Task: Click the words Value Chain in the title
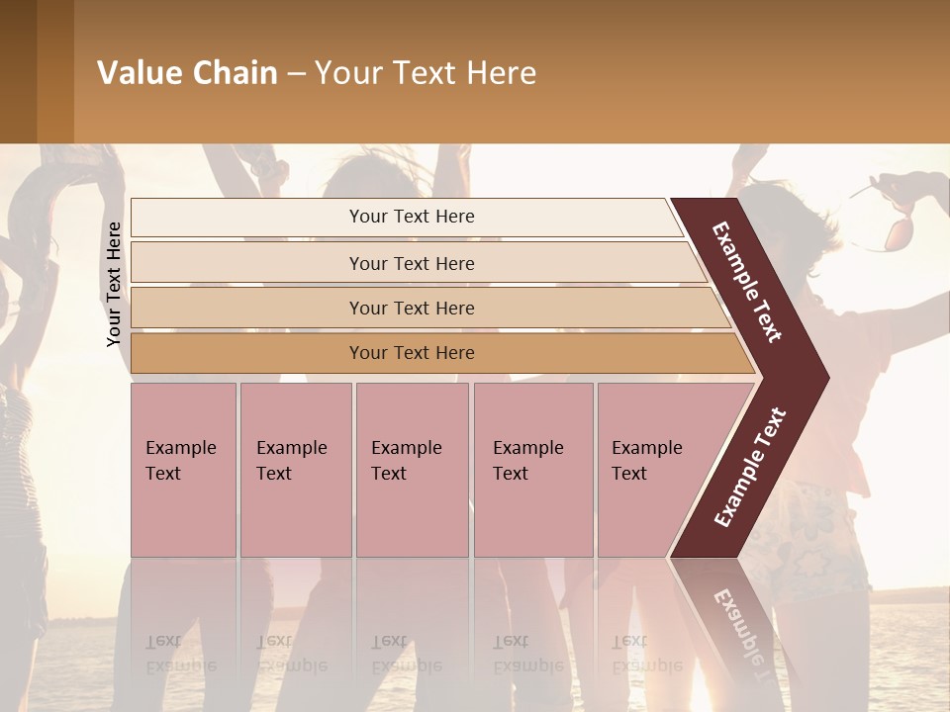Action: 187,73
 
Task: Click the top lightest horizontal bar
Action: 247,218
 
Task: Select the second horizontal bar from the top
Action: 247,263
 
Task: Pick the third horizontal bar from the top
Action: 247,308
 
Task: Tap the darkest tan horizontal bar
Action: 247,353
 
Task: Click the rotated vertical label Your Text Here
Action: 114,284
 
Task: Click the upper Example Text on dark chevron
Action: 747,282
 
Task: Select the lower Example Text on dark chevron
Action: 750,467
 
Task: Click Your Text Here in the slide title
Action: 426,73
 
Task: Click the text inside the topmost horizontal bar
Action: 412,217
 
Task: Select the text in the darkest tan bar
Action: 412,353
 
